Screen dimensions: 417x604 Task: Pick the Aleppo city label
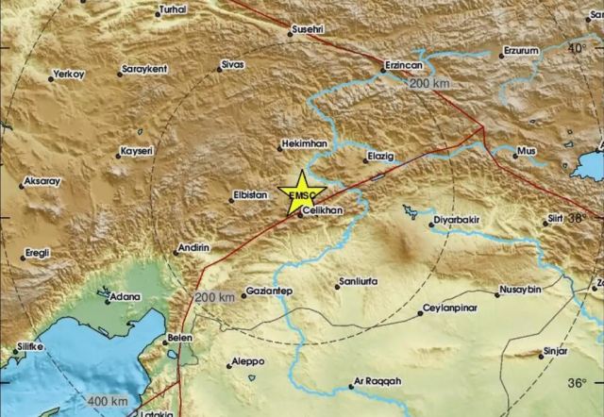(x=247, y=363)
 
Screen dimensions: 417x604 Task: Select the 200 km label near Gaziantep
(x=214, y=297)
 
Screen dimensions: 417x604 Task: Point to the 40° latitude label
(x=576, y=46)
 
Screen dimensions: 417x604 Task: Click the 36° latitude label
(x=576, y=383)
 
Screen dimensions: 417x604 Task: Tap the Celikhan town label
(x=324, y=213)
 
